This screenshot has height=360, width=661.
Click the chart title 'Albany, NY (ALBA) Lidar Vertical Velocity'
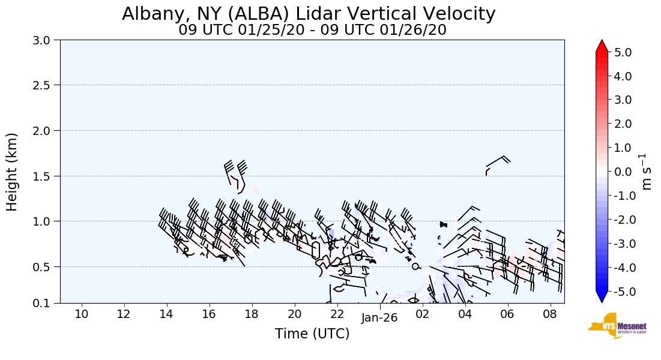pos(309,14)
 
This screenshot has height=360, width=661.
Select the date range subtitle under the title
pos(312,29)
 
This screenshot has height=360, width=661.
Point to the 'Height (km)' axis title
pos(12,172)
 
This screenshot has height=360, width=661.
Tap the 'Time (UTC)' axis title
pos(312,334)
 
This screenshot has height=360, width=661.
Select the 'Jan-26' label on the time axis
pos(379,318)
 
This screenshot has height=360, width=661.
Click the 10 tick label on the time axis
pos(82,314)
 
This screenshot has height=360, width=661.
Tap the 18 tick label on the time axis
pos(252,314)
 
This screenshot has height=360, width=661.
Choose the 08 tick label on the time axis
pos(550,314)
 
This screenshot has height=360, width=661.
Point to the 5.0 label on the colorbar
pos(623,52)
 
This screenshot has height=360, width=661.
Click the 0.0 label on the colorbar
pos(623,172)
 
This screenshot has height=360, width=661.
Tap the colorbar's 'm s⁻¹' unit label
pos(647,172)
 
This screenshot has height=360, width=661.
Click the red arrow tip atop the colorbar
pos(602,46)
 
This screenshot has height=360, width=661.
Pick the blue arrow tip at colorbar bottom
pos(602,297)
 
